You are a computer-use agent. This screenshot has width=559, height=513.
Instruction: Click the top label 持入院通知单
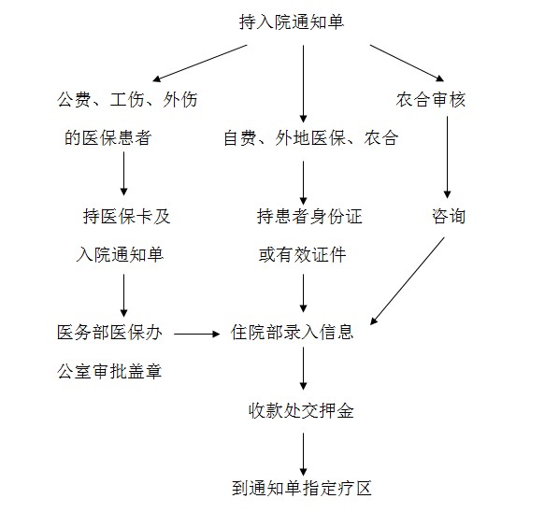click(x=292, y=21)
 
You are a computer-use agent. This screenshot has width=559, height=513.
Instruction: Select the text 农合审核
click(x=430, y=99)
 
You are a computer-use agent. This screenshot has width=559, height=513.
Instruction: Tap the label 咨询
click(x=449, y=216)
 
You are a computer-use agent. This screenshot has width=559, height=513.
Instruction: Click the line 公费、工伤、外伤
click(x=127, y=99)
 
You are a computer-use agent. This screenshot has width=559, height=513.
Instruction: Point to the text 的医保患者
click(x=108, y=138)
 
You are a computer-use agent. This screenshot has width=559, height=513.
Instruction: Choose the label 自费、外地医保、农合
click(x=310, y=138)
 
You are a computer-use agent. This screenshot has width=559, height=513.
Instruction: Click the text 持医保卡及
click(x=126, y=216)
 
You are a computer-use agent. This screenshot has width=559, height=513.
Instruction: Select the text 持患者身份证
click(x=309, y=216)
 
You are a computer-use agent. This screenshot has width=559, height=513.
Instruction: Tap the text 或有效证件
click(x=302, y=255)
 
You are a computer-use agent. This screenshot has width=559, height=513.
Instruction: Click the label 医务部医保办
click(x=109, y=333)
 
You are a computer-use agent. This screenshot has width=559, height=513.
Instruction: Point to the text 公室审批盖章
click(x=109, y=371)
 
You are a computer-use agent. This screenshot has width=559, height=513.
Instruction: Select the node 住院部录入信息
click(x=292, y=333)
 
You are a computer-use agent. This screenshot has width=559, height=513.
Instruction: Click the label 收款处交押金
click(x=301, y=410)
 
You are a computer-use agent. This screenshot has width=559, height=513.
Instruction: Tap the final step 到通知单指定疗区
click(x=302, y=488)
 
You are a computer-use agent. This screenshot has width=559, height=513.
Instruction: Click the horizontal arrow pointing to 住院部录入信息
click(x=197, y=334)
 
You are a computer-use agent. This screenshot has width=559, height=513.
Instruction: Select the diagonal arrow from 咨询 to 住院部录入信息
click(x=408, y=281)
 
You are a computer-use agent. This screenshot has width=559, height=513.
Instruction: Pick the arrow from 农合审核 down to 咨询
click(x=447, y=157)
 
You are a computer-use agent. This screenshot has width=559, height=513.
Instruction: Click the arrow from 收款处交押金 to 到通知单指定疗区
click(x=304, y=454)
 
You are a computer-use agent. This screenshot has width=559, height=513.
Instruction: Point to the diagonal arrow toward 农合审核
click(x=408, y=63)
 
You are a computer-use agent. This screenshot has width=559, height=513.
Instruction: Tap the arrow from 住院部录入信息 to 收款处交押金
click(x=304, y=368)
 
